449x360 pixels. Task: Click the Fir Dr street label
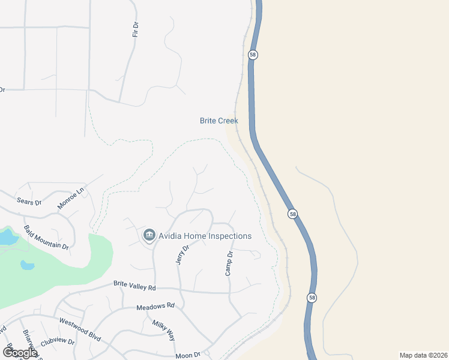136,29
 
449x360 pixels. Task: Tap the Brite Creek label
218,121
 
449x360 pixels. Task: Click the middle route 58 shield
292,214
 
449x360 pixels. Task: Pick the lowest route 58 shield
311,298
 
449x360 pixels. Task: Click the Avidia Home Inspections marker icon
149,236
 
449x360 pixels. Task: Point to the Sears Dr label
29,202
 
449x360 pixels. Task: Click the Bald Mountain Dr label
46,238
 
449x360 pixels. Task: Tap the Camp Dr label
228,264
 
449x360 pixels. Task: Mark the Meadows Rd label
155,306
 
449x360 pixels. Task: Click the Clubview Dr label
57,342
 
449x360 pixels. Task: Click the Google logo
19,353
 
